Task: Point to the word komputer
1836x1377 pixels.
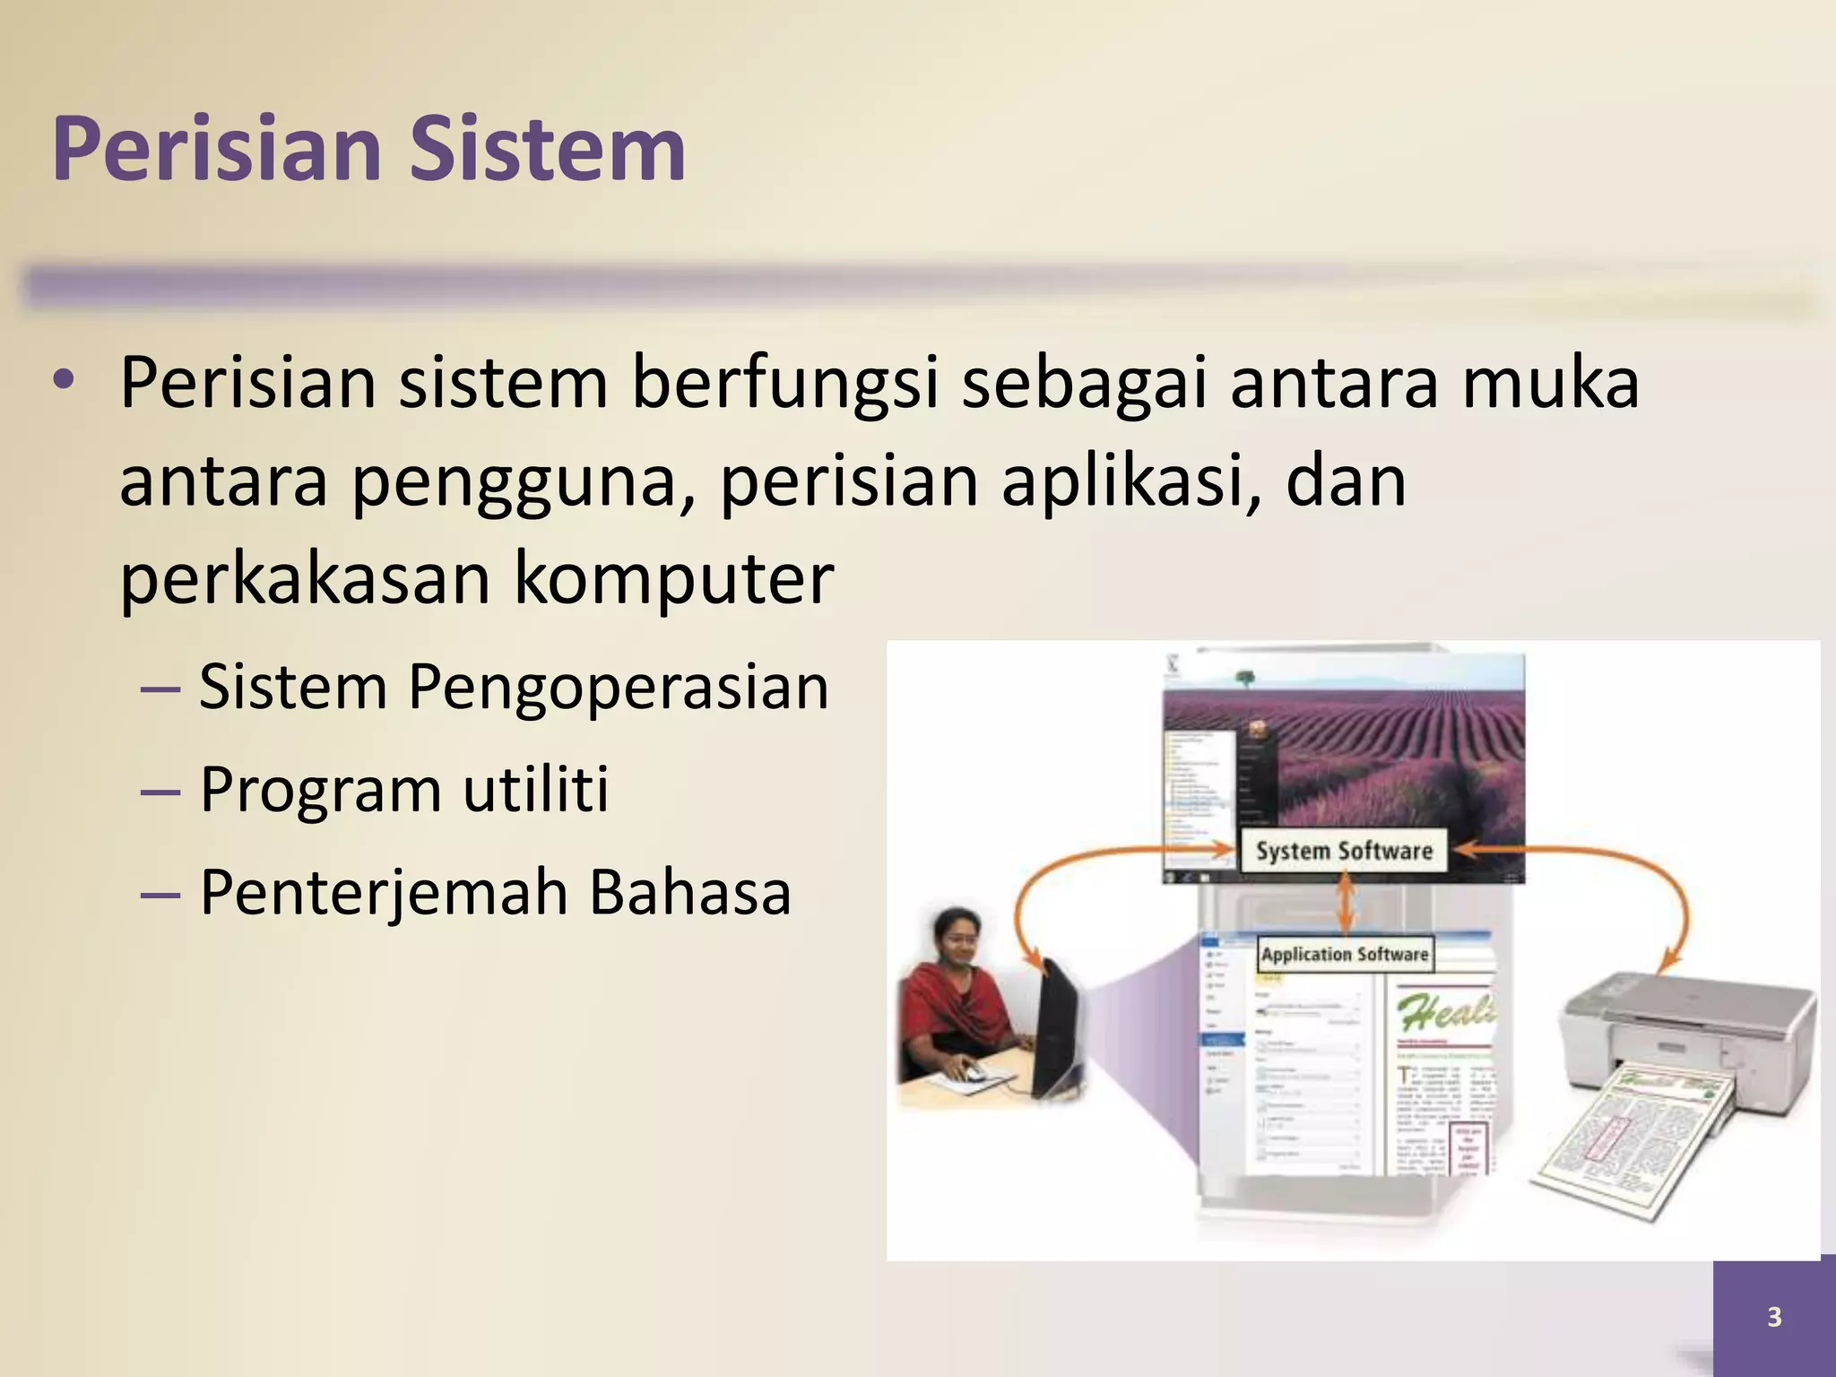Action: pyautogui.click(x=673, y=579)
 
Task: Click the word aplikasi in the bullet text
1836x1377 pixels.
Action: pyautogui.click(x=1130, y=482)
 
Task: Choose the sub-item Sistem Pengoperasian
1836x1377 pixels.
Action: pyautogui.click(x=513, y=687)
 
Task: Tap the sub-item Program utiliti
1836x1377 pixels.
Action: pyautogui.click(x=403, y=790)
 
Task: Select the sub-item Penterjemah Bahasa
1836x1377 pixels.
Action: pyautogui.click(x=495, y=893)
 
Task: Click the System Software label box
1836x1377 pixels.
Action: pyautogui.click(x=1343, y=851)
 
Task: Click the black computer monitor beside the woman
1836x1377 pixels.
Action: pyautogui.click(x=1059, y=1031)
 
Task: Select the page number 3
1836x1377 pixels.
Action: pyautogui.click(x=1774, y=1317)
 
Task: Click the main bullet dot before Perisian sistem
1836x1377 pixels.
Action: pyautogui.click(x=63, y=382)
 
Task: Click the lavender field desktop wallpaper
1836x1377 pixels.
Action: pyautogui.click(x=1399, y=744)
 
